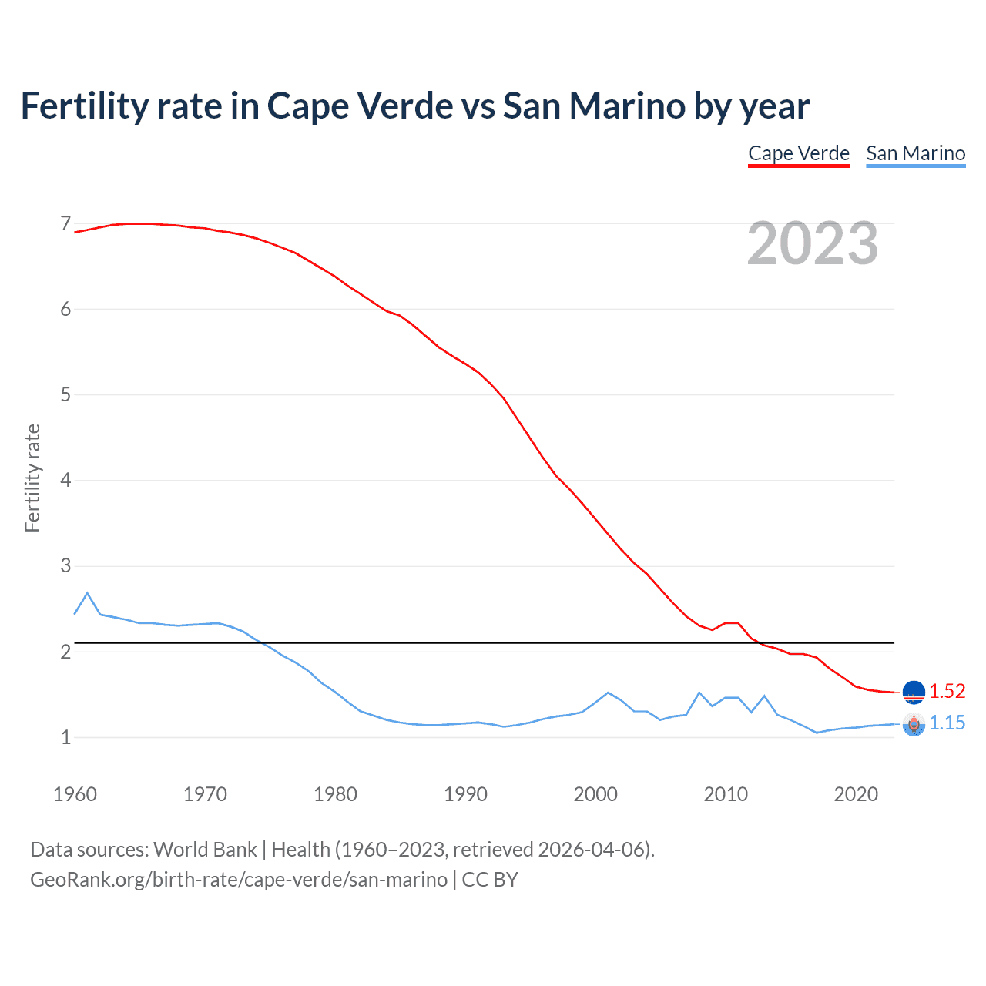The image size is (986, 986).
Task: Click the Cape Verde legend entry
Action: [799, 153]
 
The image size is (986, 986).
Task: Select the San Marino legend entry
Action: [915, 153]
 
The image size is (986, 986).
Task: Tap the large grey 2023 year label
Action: [813, 244]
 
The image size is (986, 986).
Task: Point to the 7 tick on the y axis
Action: [65, 224]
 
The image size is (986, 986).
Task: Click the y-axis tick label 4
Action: [65, 481]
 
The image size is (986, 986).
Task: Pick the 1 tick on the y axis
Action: [65, 737]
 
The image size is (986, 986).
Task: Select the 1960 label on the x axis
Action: [75, 794]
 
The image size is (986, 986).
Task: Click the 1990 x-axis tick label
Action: [465, 794]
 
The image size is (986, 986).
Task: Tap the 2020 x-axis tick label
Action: [856, 794]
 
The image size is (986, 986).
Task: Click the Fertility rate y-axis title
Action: [32, 478]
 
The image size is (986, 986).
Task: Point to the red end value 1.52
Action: [947, 691]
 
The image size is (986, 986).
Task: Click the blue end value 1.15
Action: [947, 723]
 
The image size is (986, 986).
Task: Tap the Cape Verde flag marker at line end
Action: [914, 693]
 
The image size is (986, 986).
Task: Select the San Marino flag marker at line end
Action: [914, 725]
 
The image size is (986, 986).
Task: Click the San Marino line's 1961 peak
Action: [87, 593]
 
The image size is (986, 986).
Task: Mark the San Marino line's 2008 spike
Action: [699, 693]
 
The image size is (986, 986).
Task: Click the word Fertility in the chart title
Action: [84, 106]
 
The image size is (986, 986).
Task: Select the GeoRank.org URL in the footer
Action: [239, 880]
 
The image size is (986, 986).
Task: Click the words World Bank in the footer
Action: [205, 850]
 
